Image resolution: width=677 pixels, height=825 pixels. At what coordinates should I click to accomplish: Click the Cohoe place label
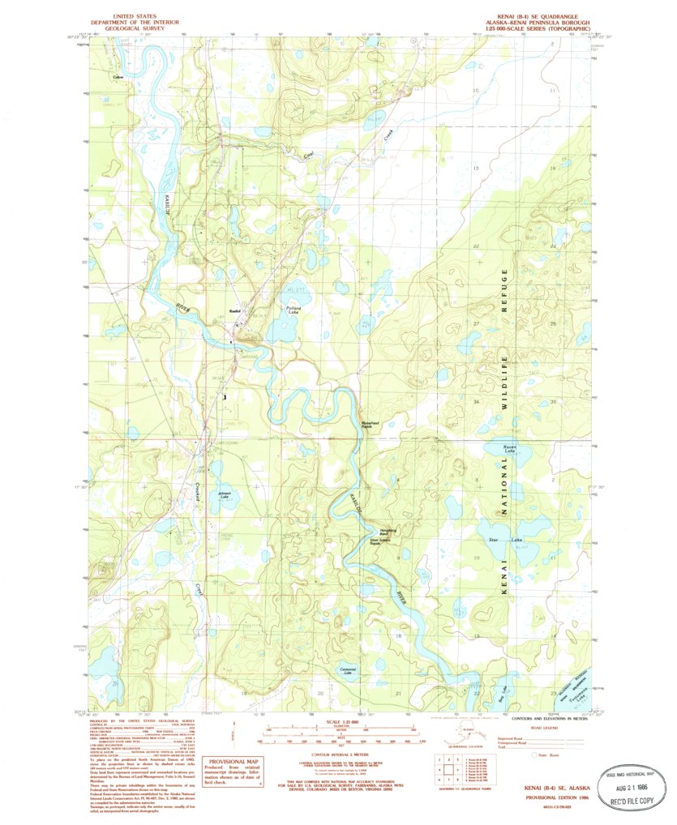pyautogui.click(x=118, y=77)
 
